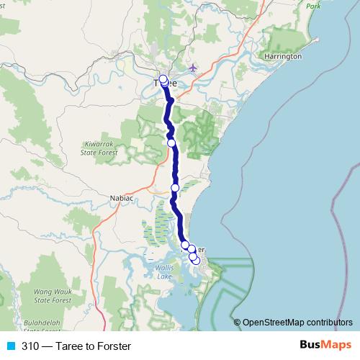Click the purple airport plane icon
[x=192, y=68]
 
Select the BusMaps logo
[x=326, y=346]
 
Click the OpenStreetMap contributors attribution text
[x=297, y=322]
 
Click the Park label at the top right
[x=312, y=6]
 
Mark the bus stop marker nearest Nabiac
[x=174, y=188]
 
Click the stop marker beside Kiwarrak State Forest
[x=171, y=143]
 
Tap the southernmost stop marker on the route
[x=196, y=260]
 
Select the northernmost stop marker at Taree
[x=163, y=78]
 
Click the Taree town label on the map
[x=166, y=83]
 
